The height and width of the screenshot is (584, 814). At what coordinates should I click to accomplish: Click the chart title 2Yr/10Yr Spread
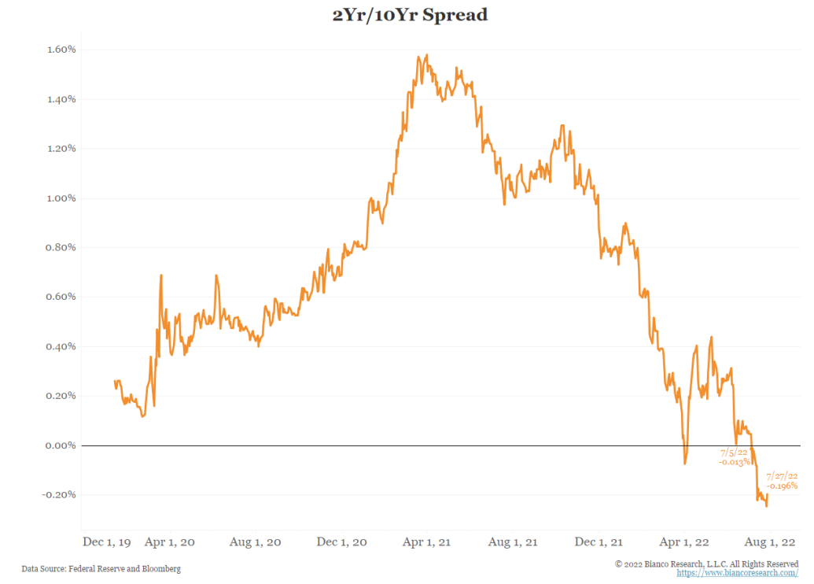tap(409, 15)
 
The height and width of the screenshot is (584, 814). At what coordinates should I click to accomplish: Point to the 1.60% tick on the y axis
tap(60, 50)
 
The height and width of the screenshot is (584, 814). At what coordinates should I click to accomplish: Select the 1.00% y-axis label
tap(60, 198)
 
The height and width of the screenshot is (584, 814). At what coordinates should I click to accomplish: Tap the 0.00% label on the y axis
tap(60, 445)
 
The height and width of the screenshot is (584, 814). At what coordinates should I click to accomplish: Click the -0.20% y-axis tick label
tap(58, 495)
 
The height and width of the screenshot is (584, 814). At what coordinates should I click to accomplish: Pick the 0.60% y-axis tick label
tap(60, 298)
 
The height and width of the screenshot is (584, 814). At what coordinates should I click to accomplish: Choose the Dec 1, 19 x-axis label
tap(108, 541)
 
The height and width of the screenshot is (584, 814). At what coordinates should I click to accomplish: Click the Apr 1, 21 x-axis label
tap(427, 541)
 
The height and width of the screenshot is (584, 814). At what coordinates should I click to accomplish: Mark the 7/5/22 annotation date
tap(734, 453)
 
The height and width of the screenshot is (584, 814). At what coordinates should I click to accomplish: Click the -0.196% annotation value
tap(782, 486)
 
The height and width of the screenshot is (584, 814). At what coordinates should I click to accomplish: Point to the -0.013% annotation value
tap(734, 462)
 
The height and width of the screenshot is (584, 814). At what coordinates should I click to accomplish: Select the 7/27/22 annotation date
tap(782, 476)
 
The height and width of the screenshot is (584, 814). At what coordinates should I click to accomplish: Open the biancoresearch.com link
tap(731, 574)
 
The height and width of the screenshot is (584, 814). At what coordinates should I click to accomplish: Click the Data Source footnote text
tap(101, 568)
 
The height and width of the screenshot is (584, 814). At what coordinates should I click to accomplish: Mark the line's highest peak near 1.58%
tap(427, 55)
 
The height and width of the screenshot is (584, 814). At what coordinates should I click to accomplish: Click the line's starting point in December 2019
tap(115, 381)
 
